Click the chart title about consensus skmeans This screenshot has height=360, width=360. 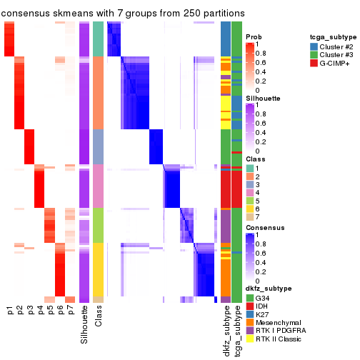click(123, 13)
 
